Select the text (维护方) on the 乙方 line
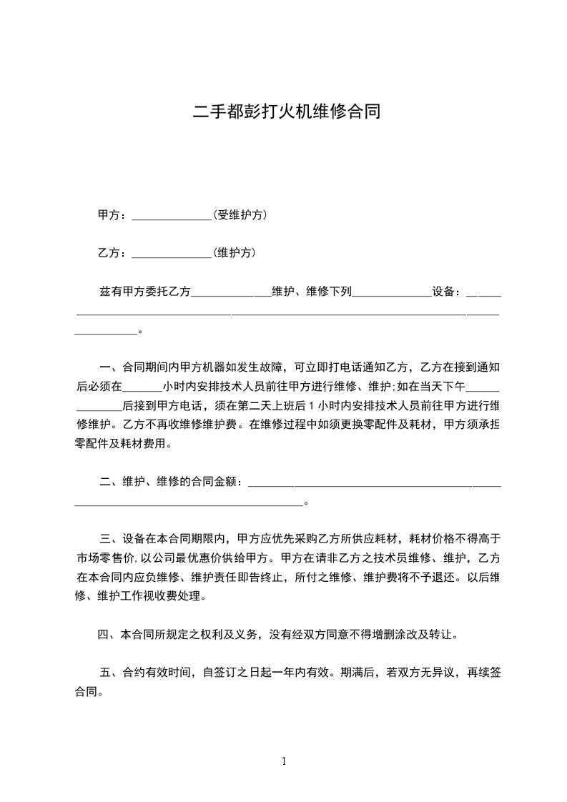tap(235, 253)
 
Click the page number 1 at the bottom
tap(284, 762)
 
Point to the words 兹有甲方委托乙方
tap(145, 292)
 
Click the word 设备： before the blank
tap(448, 292)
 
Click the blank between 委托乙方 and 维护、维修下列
tap(232, 294)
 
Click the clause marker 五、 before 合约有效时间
tap(110, 673)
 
